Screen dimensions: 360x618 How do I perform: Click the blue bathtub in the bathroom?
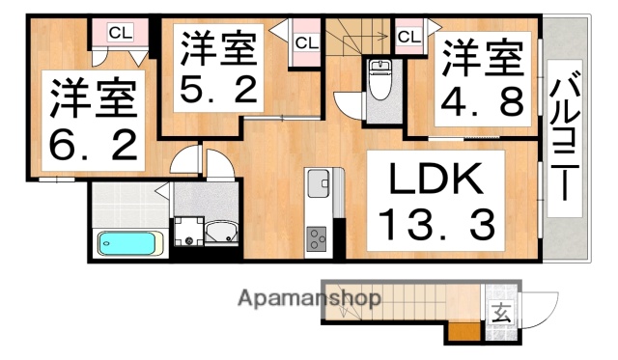coord(128,242)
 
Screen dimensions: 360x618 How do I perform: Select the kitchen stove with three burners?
coord(318,238)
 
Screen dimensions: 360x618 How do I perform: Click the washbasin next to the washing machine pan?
coord(221,231)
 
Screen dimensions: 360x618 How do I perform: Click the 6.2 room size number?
coord(94,147)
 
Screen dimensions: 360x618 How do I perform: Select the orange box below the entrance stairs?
coord(462,334)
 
